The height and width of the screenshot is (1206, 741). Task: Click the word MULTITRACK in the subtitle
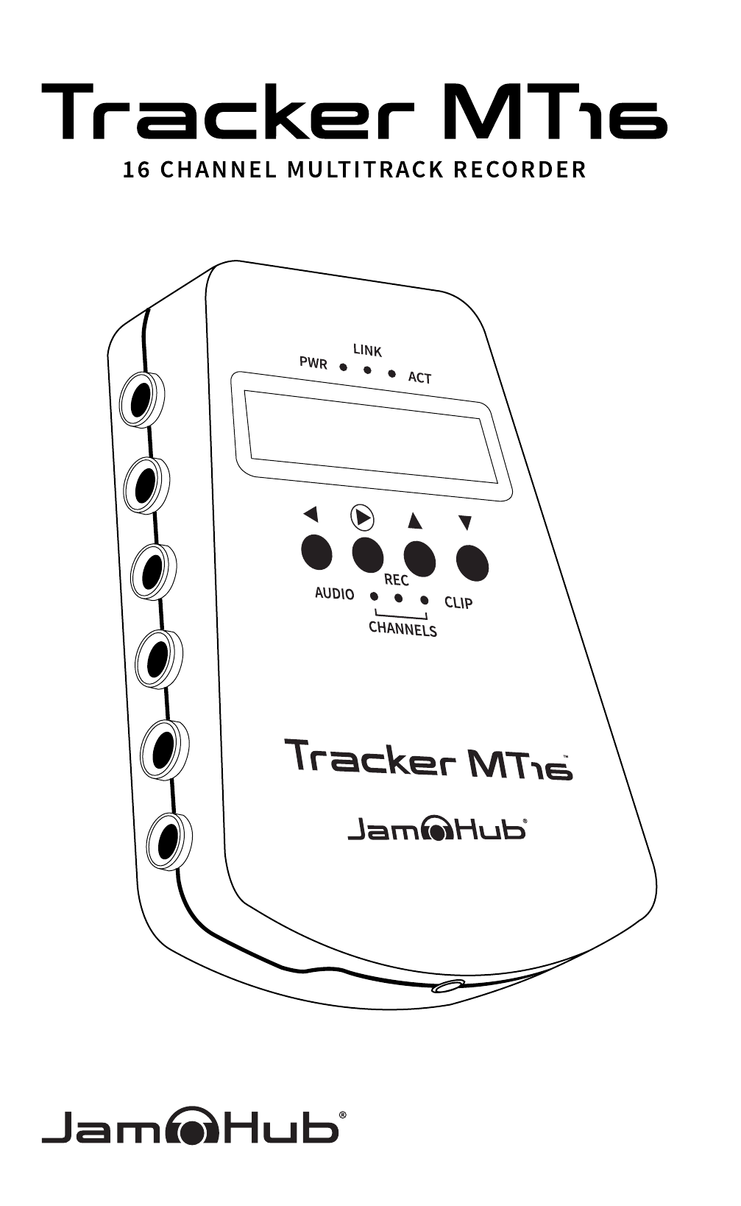[x=366, y=170]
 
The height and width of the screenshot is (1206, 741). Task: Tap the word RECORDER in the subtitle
[x=520, y=170]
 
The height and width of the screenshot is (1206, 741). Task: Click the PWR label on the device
[x=313, y=363]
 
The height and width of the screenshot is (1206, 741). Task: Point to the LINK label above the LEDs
[x=367, y=350]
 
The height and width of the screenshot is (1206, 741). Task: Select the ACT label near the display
[x=419, y=378]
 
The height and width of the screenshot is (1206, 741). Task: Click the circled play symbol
[x=361, y=518]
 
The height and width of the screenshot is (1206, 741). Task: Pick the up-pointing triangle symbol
[x=415, y=521]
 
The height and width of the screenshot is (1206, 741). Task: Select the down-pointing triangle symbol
[x=464, y=523]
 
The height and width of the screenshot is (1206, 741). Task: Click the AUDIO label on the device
[x=334, y=593]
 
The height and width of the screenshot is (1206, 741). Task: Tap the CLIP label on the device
[x=458, y=602]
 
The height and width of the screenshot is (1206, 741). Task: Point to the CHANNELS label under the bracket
[x=402, y=629]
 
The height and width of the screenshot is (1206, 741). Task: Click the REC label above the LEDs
[x=396, y=580]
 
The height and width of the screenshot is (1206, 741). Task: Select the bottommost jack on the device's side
[x=166, y=842]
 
